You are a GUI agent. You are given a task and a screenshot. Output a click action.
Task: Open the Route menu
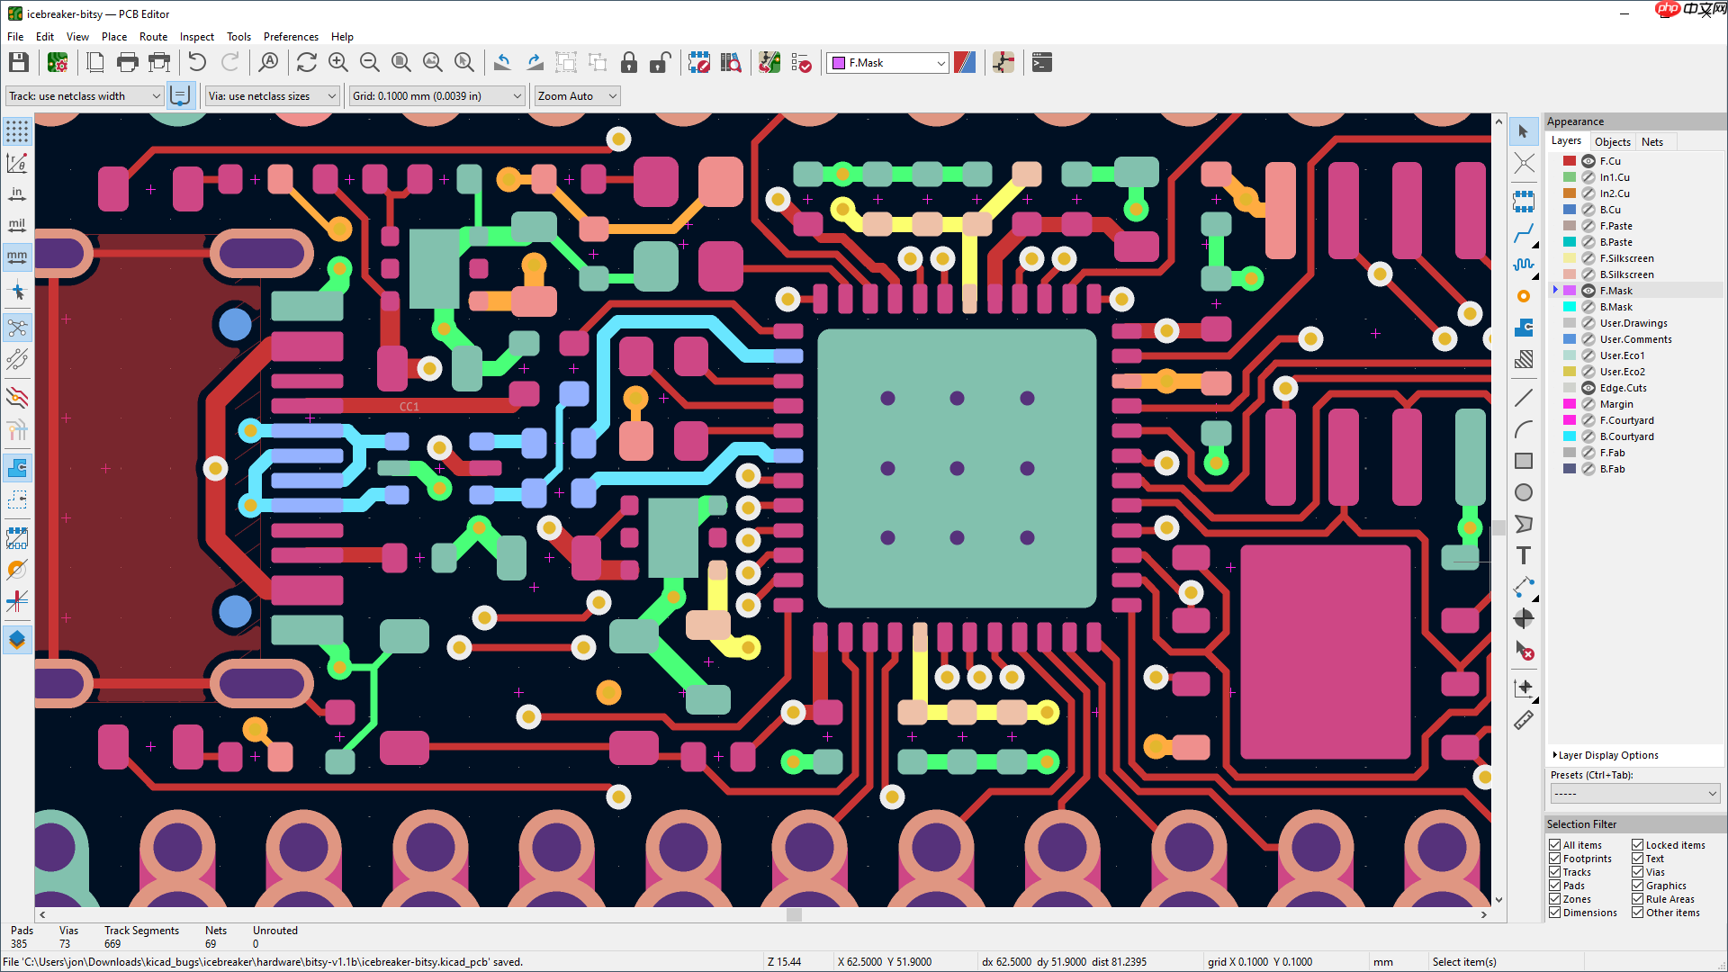[153, 37]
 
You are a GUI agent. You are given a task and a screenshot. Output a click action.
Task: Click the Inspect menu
[196, 37]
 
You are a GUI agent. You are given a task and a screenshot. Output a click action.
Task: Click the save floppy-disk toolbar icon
[19, 62]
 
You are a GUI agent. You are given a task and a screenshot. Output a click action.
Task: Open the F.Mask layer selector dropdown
[888, 63]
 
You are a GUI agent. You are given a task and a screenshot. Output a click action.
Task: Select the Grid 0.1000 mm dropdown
[436, 96]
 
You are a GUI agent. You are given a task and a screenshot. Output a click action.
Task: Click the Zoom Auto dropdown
[576, 96]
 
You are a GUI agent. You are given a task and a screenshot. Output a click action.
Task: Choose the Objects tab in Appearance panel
[1612, 141]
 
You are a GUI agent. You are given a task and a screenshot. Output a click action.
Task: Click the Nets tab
[1651, 141]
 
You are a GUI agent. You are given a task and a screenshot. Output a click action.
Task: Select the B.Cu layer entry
[1610, 210]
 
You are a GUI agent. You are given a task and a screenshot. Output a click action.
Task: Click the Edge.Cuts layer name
[1623, 388]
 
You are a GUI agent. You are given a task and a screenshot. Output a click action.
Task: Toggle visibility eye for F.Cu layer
[1588, 161]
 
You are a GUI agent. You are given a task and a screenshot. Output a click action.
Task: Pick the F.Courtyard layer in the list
[1626, 420]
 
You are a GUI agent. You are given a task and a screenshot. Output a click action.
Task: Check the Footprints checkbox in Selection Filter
[1554, 859]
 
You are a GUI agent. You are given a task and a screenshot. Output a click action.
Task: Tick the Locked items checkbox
[1637, 845]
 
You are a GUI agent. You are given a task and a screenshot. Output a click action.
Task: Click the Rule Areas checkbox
[1637, 899]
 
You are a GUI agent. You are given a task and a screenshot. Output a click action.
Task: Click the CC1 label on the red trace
[409, 407]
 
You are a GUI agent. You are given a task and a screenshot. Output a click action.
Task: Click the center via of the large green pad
[957, 468]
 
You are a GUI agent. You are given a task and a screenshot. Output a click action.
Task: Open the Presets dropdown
[1634, 794]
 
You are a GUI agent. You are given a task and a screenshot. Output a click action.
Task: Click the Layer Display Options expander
[1606, 755]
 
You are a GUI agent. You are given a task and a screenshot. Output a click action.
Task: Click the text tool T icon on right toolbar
[1523, 555]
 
